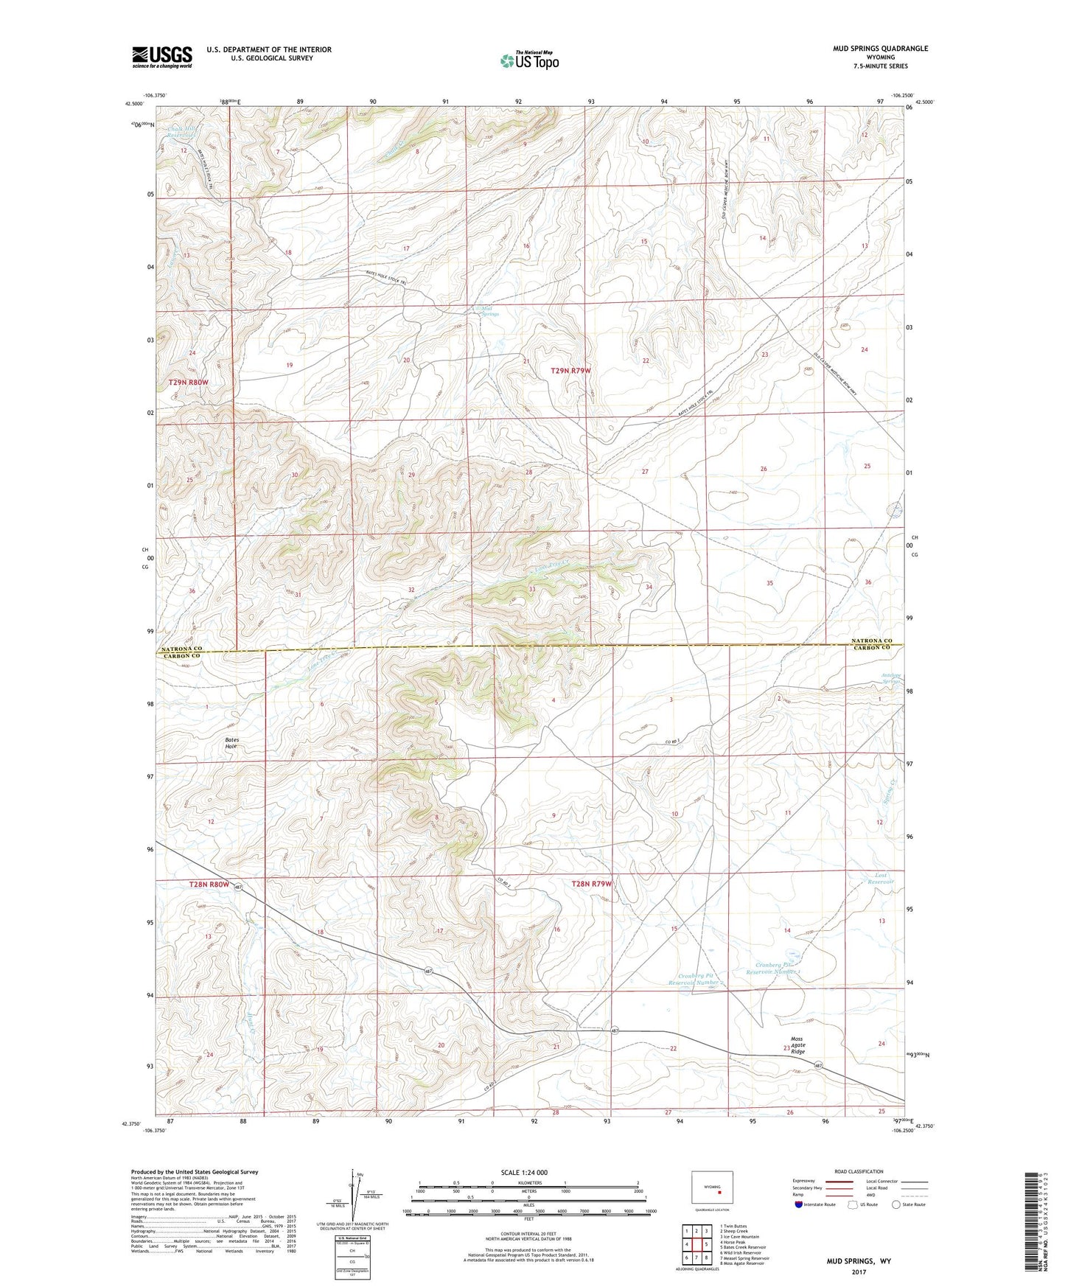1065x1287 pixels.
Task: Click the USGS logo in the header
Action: click(x=161, y=57)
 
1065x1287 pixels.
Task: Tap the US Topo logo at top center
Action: click(x=529, y=60)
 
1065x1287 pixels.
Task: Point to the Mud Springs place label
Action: click(x=489, y=311)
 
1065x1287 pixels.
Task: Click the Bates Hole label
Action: click(x=231, y=743)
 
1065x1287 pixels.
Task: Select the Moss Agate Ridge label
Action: click(x=797, y=1045)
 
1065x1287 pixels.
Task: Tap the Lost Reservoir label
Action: click(x=880, y=879)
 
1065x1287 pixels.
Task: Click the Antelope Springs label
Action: click(x=891, y=679)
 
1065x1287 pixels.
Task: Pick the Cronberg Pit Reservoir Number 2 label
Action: click(x=693, y=979)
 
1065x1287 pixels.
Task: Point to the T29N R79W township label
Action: click(x=570, y=371)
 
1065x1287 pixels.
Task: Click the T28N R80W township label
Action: click(x=209, y=884)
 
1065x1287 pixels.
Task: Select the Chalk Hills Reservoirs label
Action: click(x=180, y=132)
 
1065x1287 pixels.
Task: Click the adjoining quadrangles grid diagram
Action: click(x=696, y=1246)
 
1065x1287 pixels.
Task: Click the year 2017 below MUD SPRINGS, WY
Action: click(x=859, y=1272)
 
